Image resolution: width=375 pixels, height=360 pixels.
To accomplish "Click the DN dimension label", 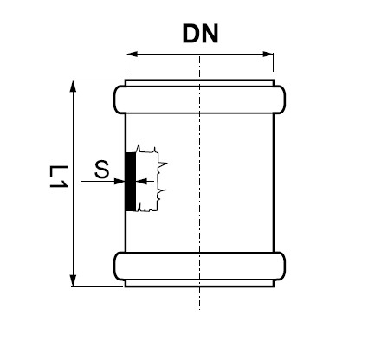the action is click(x=200, y=34).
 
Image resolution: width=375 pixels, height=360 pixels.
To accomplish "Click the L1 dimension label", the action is click(x=59, y=177).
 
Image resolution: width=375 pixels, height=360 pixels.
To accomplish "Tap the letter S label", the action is click(x=102, y=169).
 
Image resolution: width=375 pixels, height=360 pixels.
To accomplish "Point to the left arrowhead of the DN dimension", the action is click(x=132, y=54).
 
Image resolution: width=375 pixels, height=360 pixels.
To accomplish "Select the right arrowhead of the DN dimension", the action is click(x=268, y=54).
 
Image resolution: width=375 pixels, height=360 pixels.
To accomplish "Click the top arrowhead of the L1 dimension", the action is click(x=73, y=87).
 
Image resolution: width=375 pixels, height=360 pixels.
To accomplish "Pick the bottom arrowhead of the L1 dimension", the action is click(x=73, y=280).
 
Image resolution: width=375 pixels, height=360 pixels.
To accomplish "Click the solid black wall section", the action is click(x=131, y=182).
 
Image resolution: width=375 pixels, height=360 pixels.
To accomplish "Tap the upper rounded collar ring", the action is click(x=199, y=100).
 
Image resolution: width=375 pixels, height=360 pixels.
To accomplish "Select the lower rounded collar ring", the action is click(x=199, y=267).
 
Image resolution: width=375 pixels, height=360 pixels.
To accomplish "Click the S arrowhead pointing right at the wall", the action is click(x=120, y=181).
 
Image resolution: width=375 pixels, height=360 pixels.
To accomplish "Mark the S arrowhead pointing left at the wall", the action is click(x=141, y=181).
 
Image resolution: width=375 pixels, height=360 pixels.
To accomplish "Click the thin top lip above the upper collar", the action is click(x=199, y=83).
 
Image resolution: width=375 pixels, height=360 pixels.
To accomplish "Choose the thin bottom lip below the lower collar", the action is click(x=199, y=283).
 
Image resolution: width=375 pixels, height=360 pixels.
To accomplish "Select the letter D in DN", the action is click(x=191, y=34).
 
